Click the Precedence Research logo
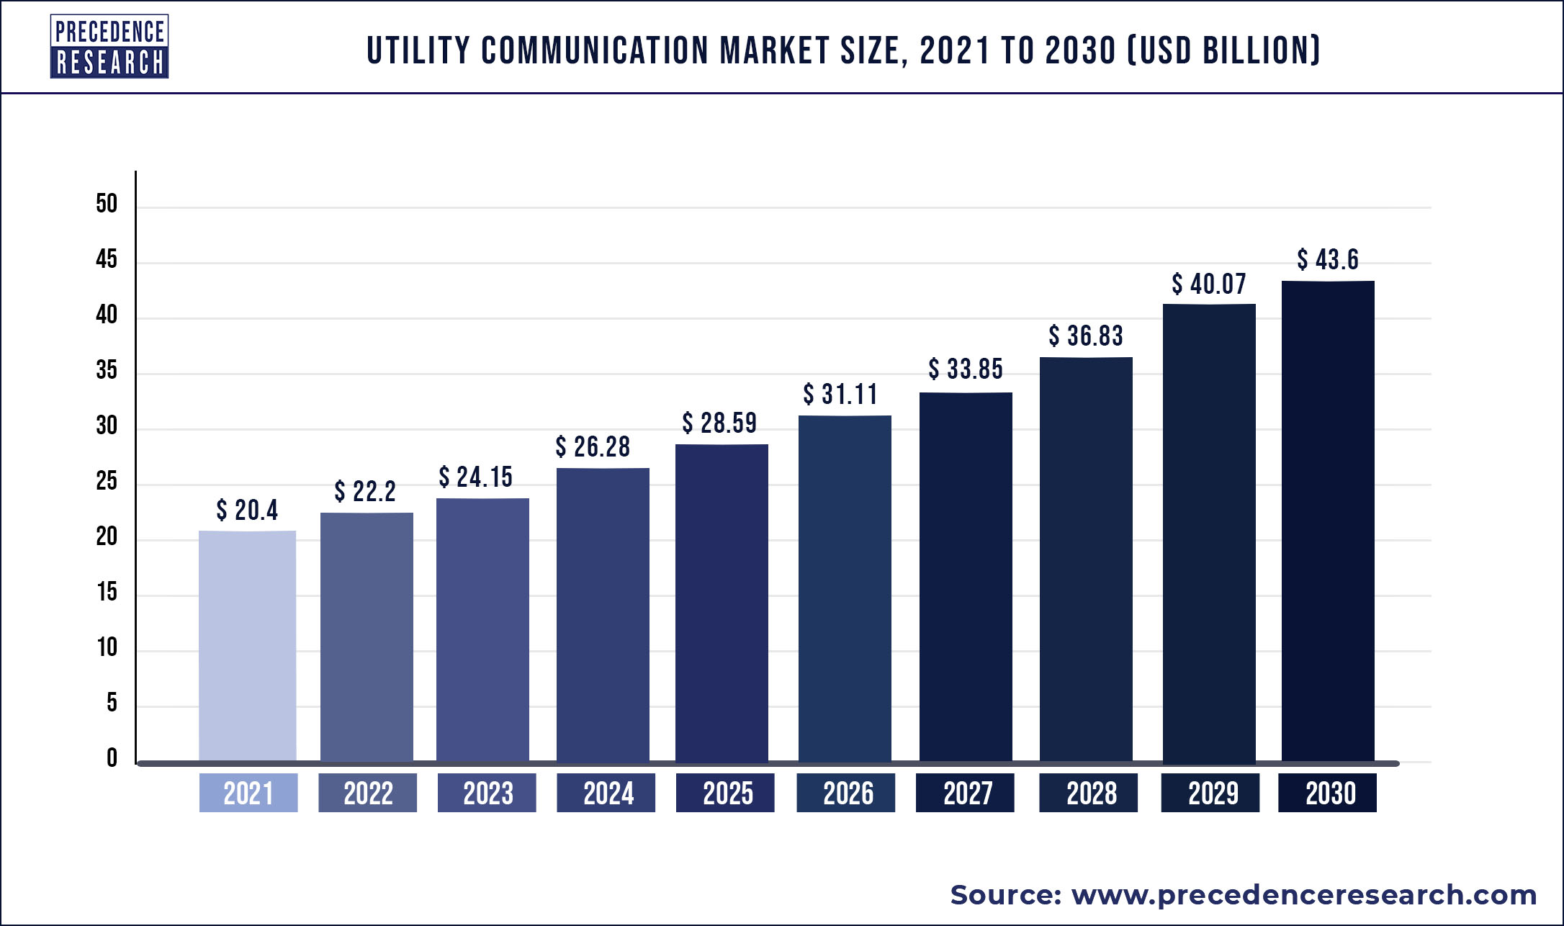[x=109, y=47]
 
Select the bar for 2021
[x=247, y=646]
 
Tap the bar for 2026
[x=845, y=588]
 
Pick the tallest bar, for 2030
[x=1328, y=521]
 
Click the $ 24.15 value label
[x=476, y=477]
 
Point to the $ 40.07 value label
[x=1209, y=284]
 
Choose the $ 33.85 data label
[x=966, y=369]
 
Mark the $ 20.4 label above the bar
[x=247, y=510]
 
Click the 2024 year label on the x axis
[x=606, y=793]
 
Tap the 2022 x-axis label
[x=367, y=793]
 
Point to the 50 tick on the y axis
[x=107, y=204]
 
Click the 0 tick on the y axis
[x=112, y=758]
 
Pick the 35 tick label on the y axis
[x=107, y=370]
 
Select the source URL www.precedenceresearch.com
[x=1304, y=895]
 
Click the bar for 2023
[x=482, y=630]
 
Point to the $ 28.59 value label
[x=719, y=423]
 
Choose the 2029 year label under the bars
[x=1210, y=793]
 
